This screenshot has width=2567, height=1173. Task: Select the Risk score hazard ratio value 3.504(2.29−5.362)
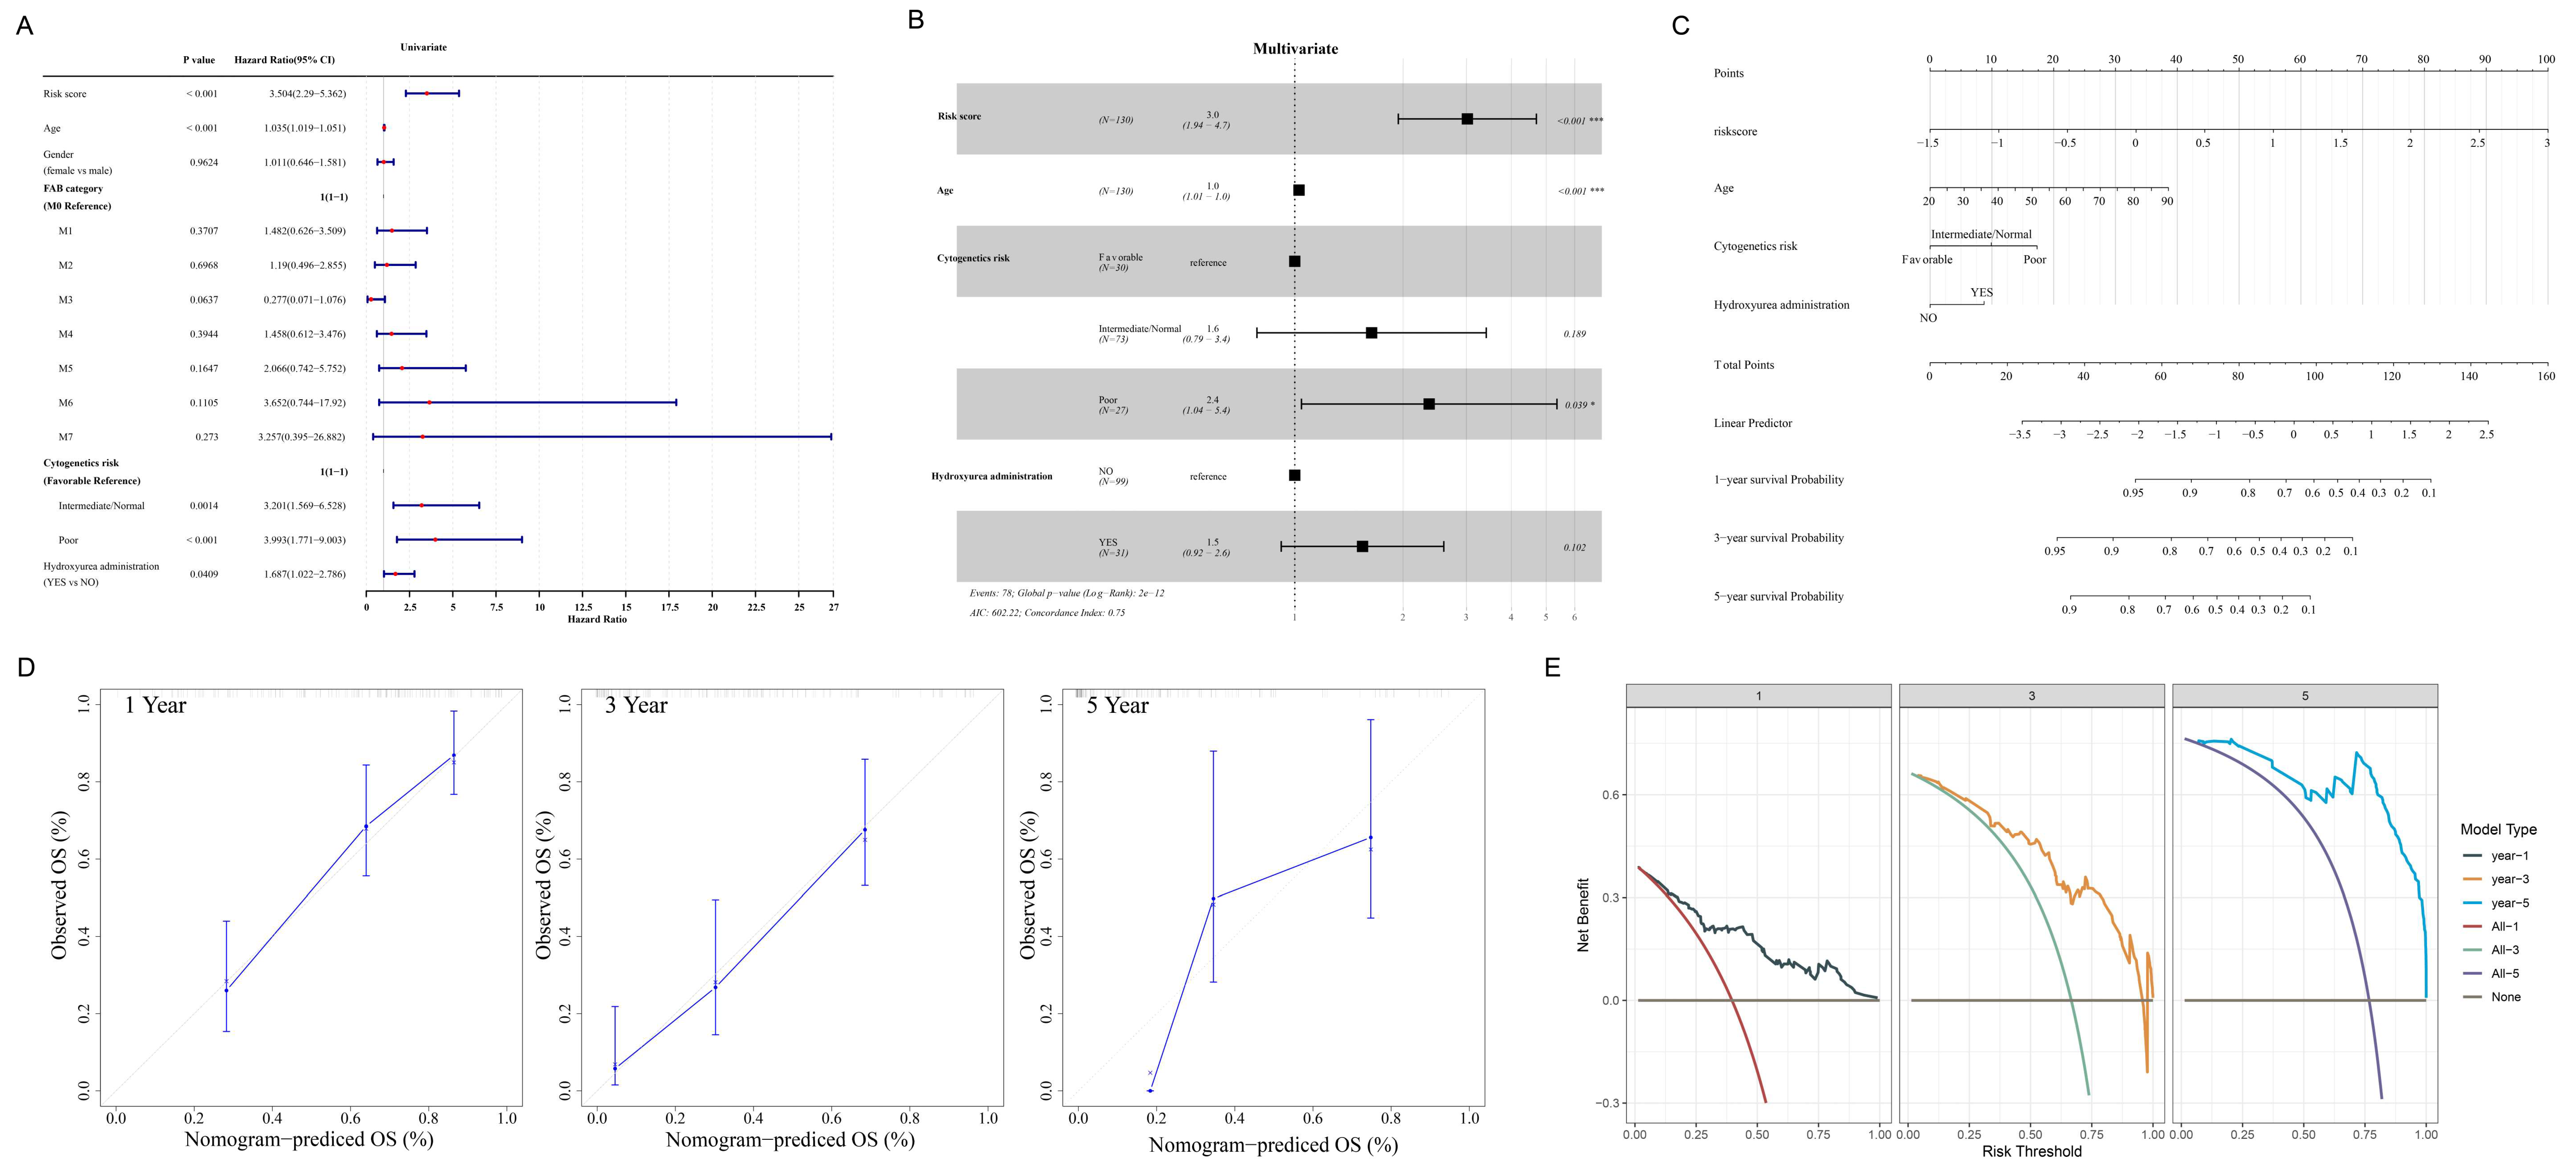[307, 94]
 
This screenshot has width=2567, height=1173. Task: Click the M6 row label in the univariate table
[66, 402]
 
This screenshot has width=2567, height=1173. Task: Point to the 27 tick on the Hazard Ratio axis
[833, 607]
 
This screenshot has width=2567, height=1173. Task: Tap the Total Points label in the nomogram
[1744, 365]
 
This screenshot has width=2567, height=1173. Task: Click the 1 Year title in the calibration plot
[156, 706]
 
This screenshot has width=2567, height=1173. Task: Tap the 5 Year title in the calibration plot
[1117, 706]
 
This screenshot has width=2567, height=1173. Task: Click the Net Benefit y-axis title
[1583, 915]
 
